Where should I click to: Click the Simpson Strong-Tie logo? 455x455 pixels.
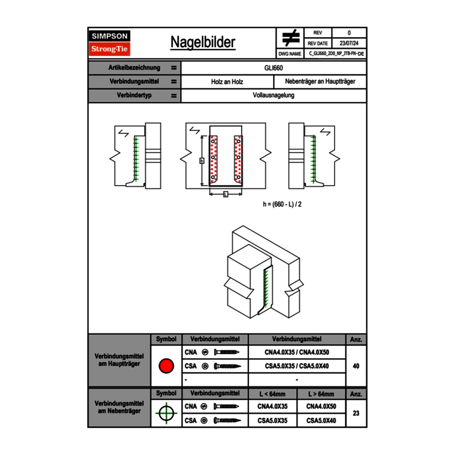(x=110, y=43)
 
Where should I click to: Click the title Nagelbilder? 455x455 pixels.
(x=203, y=42)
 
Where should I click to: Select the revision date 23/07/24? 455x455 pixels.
(x=349, y=43)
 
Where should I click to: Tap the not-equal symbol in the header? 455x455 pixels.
(x=291, y=38)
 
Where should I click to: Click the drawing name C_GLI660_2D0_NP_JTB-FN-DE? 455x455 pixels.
(x=337, y=53)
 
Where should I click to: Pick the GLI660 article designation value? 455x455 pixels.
(x=274, y=68)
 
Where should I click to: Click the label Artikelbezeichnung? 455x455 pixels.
(x=134, y=68)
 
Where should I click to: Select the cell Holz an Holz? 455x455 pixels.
(x=227, y=82)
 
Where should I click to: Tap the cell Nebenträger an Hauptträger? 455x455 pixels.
(x=320, y=82)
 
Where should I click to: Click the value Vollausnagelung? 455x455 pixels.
(x=274, y=96)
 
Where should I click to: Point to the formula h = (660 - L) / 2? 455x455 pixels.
(x=282, y=204)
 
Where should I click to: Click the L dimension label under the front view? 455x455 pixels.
(x=225, y=194)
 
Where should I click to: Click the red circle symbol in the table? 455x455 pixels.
(x=166, y=366)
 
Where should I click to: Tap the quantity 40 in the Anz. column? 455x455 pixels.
(x=356, y=366)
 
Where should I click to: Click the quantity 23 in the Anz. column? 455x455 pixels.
(x=356, y=413)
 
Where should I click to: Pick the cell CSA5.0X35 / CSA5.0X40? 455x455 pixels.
(x=297, y=366)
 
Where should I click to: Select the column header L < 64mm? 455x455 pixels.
(x=272, y=394)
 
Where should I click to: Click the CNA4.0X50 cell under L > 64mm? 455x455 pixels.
(x=321, y=406)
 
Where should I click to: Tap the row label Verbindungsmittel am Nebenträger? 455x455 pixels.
(x=119, y=407)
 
